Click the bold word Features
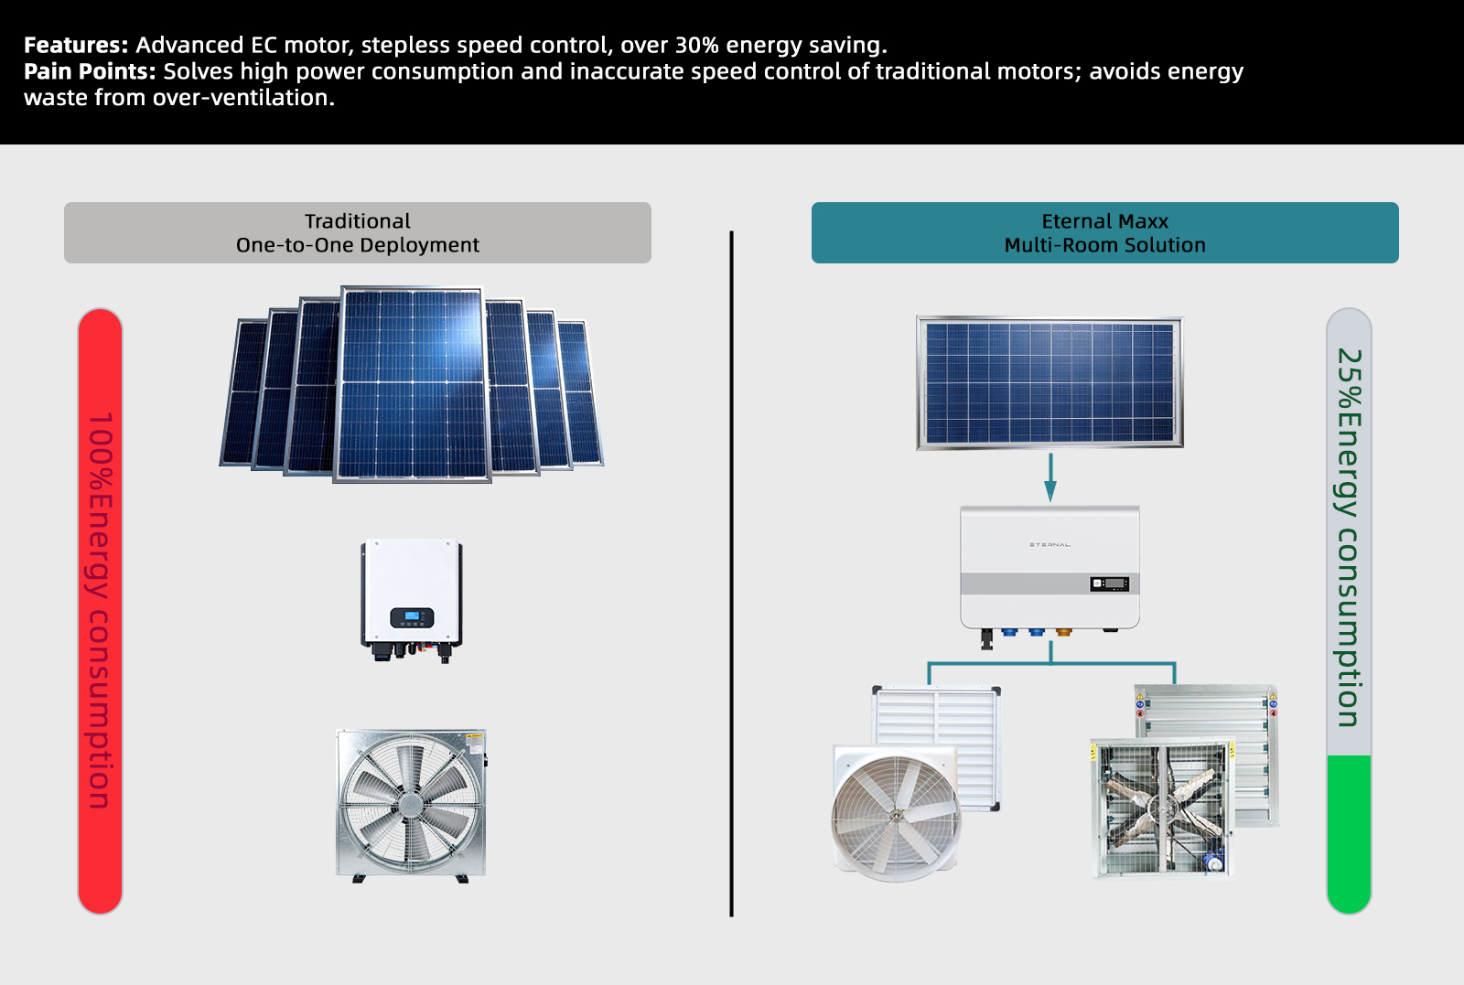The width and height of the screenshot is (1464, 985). point(76,45)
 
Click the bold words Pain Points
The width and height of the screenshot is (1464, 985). point(91,71)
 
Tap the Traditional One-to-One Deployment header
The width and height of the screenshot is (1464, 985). point(358,232)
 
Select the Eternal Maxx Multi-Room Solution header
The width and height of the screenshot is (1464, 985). point(1104,232)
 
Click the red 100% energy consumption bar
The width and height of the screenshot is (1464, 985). point(100,611)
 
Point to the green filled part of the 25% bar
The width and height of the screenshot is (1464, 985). point(1349,834)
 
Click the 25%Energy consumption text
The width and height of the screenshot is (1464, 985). point(1349,538)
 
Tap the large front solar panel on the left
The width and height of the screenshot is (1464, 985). point(412,384)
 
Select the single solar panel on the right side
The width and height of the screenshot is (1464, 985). point(1050,383)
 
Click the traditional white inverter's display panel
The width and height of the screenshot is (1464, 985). point(412,617)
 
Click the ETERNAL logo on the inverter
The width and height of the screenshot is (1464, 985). point(1050,545)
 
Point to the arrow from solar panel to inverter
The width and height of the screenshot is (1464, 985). point(1050,477)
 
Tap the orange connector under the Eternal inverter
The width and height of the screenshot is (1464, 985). point(1063,632)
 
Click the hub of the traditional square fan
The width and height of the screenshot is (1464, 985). point(411,804)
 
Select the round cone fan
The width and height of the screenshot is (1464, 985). point(896,814)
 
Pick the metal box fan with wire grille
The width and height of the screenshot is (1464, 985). point(1162,808)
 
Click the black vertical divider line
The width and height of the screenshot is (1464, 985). point(731,573)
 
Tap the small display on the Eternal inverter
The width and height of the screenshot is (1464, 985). point(1109,584)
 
